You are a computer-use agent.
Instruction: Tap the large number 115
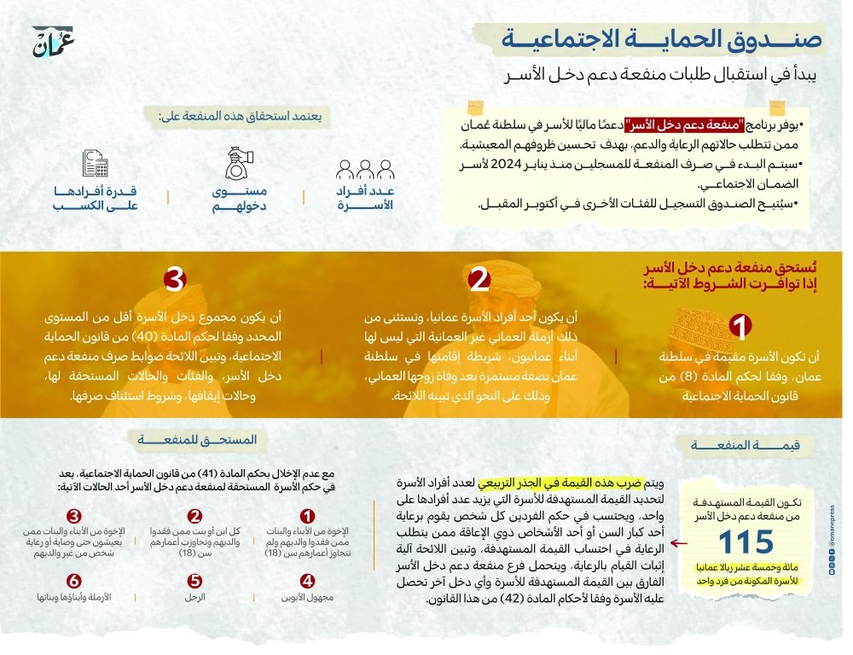coord(745,542)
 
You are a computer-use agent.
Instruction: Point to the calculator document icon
coord(95,164)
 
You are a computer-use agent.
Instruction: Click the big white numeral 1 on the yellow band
coord(741,327)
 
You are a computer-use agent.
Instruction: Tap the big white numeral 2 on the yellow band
coord(479,281)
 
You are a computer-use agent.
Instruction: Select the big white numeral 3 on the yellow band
coord(175,281)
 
